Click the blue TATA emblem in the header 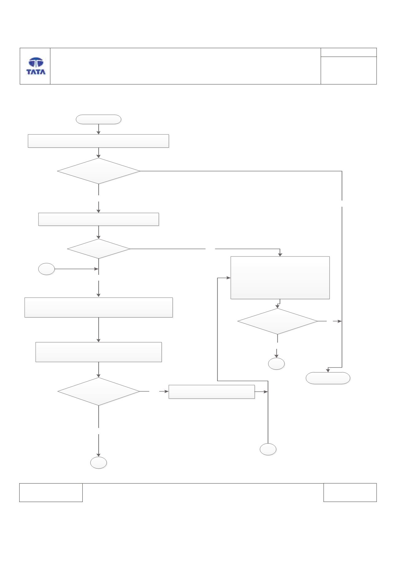tap(36, 63)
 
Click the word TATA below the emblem tap(36, 72)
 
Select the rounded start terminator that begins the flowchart tap(98, 119)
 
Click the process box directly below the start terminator tap(98, 141)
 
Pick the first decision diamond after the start tap(98, 171)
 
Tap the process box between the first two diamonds tap(98, 219)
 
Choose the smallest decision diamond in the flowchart tap(98, 249)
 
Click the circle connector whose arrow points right tap(46, 269)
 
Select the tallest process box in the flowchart tap(280, 278)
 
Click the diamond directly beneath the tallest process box tap(278, 321)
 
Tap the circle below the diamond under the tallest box tap(276, 364)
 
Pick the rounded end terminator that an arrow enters tap(328, 378)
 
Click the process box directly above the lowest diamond tap(99, 352)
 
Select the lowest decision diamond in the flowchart tap(99, 392)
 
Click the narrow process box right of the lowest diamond tap(212, 392)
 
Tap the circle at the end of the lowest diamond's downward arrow tap(99, 463)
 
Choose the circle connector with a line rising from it tap(268, 449)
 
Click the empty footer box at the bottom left tap(51, 493)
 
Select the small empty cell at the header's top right tap(349, 52)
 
